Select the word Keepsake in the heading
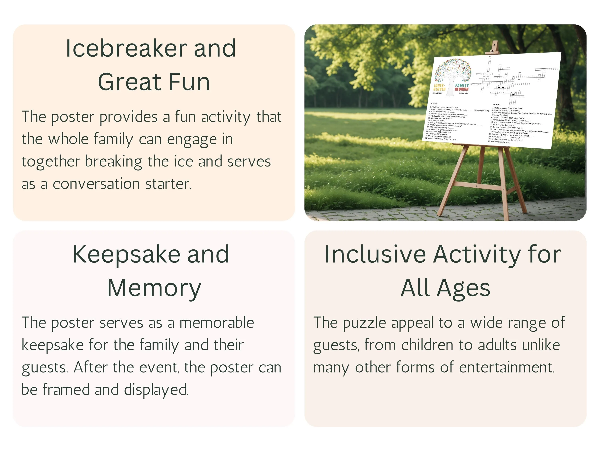pyautogui.click(x=126, y=254)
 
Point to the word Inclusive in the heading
pyautogui.click(x=375, y=254)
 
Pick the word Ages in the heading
pyautogui.click(x=464, y=288)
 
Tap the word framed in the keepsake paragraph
pyautogui.click(x=66, y=390)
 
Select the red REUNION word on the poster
pyautogui.click(x=462, y=89)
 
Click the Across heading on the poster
pyautogui.click(x=433, y=104)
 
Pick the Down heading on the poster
pyautogui.click(x=496, y=104)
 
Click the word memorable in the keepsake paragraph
pyautogui.click(x=216, y=323)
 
